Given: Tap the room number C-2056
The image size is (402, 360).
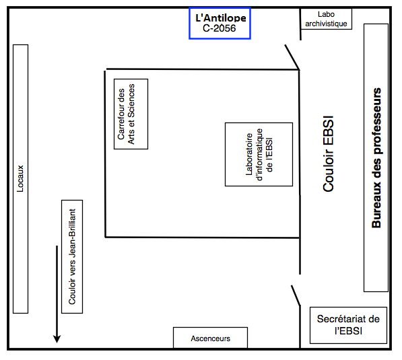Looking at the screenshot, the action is (x=220, y=28).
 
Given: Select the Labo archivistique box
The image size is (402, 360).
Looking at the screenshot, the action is (x=326, y=19).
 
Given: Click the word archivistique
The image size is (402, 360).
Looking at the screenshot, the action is (x=326, y=24).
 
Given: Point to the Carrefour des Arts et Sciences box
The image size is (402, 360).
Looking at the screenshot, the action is (x=131, y=114).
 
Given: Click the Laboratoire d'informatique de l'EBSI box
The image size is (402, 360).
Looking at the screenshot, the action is (x=259, y=154).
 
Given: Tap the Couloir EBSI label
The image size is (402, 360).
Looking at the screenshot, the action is (x=329, y=153).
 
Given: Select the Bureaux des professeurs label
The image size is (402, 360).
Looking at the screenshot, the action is (x=376, y=158).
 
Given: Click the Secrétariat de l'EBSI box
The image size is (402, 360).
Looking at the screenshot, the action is (x=348, y=325).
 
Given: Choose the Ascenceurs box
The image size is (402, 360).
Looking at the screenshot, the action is (x=211, y=338).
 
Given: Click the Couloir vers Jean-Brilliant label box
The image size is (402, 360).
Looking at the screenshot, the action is (x=72, y=256).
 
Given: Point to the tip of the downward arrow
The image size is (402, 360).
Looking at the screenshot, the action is (x=57, y=343).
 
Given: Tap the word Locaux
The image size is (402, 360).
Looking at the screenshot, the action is (x=20, y=178).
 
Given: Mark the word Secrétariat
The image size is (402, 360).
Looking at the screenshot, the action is (x=339, y=319).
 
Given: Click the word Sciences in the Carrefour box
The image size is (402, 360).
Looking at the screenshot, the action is (x=131, y=101).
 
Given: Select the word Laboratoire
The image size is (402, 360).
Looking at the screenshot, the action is (x=249, y=154).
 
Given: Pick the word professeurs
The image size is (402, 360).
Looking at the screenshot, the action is (x=376, y=120).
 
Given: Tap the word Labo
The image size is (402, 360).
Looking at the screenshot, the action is (x=326, y=14).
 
